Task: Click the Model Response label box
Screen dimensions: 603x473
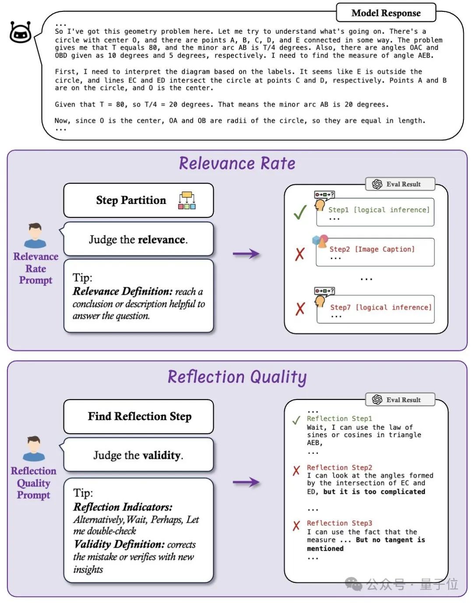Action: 386,13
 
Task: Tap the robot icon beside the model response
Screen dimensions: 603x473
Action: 21,32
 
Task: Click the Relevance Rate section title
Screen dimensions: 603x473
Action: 237,164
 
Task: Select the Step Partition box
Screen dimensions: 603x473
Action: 138,200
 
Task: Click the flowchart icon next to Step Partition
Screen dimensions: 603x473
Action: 187,200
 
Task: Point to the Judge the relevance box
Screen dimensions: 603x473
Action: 138,239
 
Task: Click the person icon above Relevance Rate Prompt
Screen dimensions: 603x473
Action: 35,235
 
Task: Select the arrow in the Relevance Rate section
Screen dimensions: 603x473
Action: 246,253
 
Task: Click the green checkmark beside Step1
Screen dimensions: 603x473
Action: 300,213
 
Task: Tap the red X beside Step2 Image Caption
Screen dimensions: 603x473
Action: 300,253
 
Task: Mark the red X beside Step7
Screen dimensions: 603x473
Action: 300,308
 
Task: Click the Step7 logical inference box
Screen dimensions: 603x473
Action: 375,309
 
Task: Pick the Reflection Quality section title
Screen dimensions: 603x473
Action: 237,377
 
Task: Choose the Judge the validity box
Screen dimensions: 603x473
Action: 138,455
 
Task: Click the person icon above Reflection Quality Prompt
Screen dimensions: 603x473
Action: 34,449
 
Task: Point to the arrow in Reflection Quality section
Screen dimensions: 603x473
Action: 246,482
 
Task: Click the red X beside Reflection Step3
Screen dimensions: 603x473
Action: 297,525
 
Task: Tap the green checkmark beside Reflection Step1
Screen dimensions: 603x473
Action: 296,420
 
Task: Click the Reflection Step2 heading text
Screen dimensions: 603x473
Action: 339,467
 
